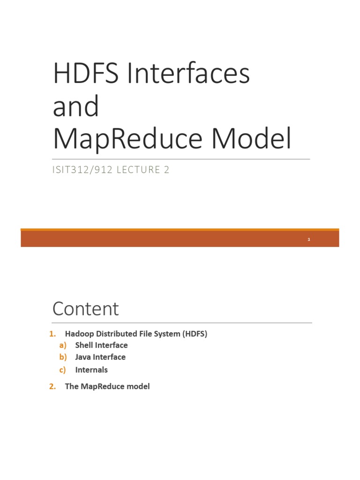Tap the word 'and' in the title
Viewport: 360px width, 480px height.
(76, 106)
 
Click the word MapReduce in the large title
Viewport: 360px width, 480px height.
(127, 139)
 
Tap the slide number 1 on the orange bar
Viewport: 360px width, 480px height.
(309, 240)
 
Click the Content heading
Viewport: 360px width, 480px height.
(86, 309)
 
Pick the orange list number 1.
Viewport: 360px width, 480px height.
(52, 334)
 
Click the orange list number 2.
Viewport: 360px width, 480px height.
(52, 387)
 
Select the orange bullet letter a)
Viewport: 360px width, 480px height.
(63, 345)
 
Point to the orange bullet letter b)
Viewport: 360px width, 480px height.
(63, 357)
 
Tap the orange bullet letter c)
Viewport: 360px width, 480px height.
(63, 370)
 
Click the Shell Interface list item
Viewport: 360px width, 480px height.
(101, 345)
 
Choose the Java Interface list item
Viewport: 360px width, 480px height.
(100, 357)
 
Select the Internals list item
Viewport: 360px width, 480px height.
(91, 370)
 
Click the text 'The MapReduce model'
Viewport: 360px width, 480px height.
(107, 387)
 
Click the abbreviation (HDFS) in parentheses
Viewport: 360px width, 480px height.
(193, 334)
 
